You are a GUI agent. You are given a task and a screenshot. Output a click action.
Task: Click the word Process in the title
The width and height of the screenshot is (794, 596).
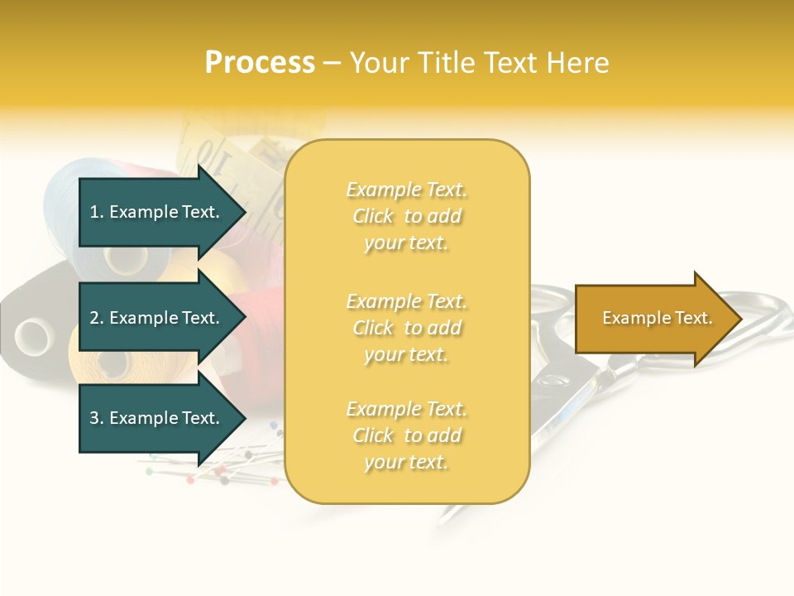point(260,63)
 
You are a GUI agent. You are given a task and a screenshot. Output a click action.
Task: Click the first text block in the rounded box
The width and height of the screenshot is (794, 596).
point(407,216)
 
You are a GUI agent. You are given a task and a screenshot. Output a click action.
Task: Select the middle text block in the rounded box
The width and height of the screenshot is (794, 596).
point(407,328)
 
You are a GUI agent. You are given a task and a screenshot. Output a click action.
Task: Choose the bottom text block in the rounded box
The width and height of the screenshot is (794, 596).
point(407,435)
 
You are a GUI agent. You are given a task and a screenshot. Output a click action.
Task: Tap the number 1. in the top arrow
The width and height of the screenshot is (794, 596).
point(97,212)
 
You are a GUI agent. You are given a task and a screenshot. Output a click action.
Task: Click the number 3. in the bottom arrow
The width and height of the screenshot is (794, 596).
point(97,418)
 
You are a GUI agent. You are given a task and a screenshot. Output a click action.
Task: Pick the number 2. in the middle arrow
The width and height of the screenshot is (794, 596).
point(97,318)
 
